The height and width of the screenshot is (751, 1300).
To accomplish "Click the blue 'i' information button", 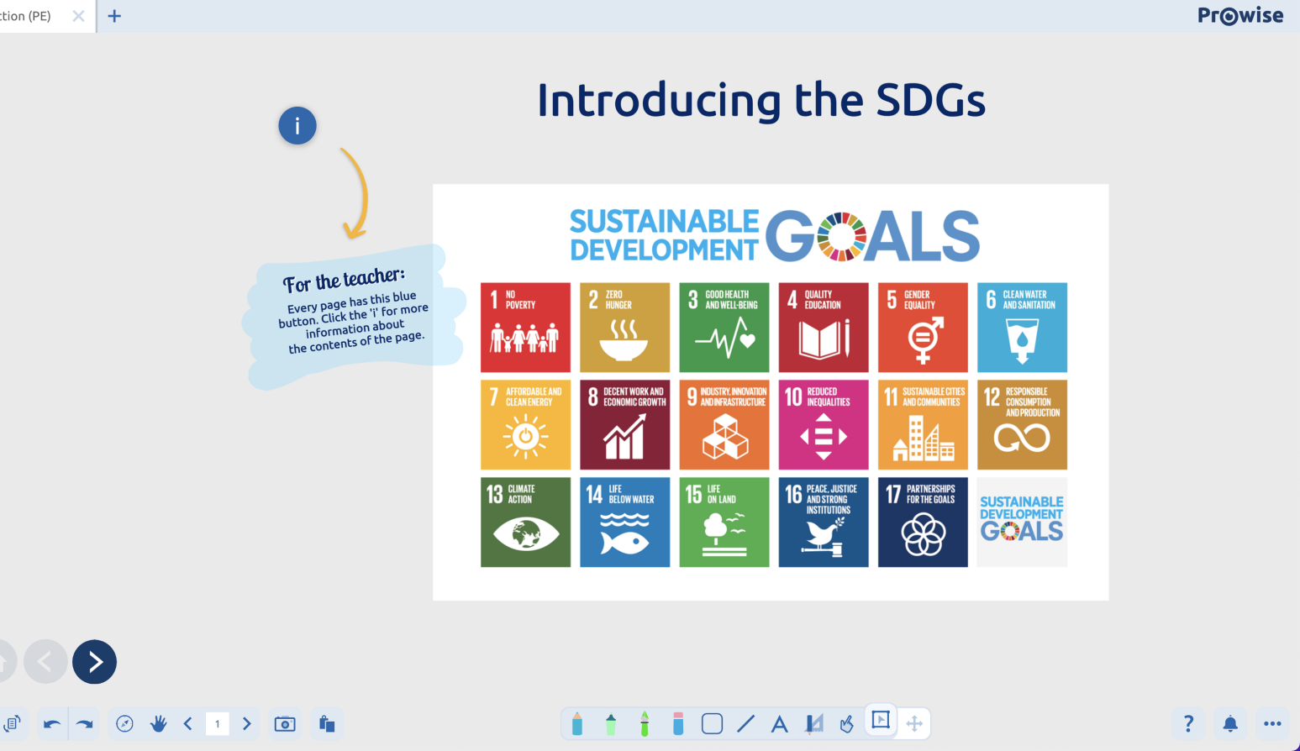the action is (x=297, y=125).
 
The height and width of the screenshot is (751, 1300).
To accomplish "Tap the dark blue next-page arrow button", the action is (x=95, y=662).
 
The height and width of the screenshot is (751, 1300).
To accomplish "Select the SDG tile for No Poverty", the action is (x=525, y=328).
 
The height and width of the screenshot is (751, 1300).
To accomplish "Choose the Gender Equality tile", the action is (x=923, y=328).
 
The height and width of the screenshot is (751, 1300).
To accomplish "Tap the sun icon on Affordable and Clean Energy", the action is (x=526, y=437).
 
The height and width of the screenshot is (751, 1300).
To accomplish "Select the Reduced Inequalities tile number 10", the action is (x=824, y=425).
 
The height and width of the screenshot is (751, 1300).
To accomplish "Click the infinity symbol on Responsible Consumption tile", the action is (x=1022, y=438).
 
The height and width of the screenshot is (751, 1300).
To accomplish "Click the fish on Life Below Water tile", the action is (x=624, y=544).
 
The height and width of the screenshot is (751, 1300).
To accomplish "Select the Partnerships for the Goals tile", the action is (x=923, y=523).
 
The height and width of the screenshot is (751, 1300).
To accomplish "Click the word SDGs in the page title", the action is (x=930, y=100).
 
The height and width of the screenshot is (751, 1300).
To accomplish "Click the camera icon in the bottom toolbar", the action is (x=285, y=724).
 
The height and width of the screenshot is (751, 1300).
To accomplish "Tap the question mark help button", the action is (x=1188, y=724).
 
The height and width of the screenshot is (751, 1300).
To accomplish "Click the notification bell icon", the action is (x=1230, y=724).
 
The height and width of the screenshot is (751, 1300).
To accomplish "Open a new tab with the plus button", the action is (x=114, y=16).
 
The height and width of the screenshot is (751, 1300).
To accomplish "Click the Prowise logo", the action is (x=1240, y=16).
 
